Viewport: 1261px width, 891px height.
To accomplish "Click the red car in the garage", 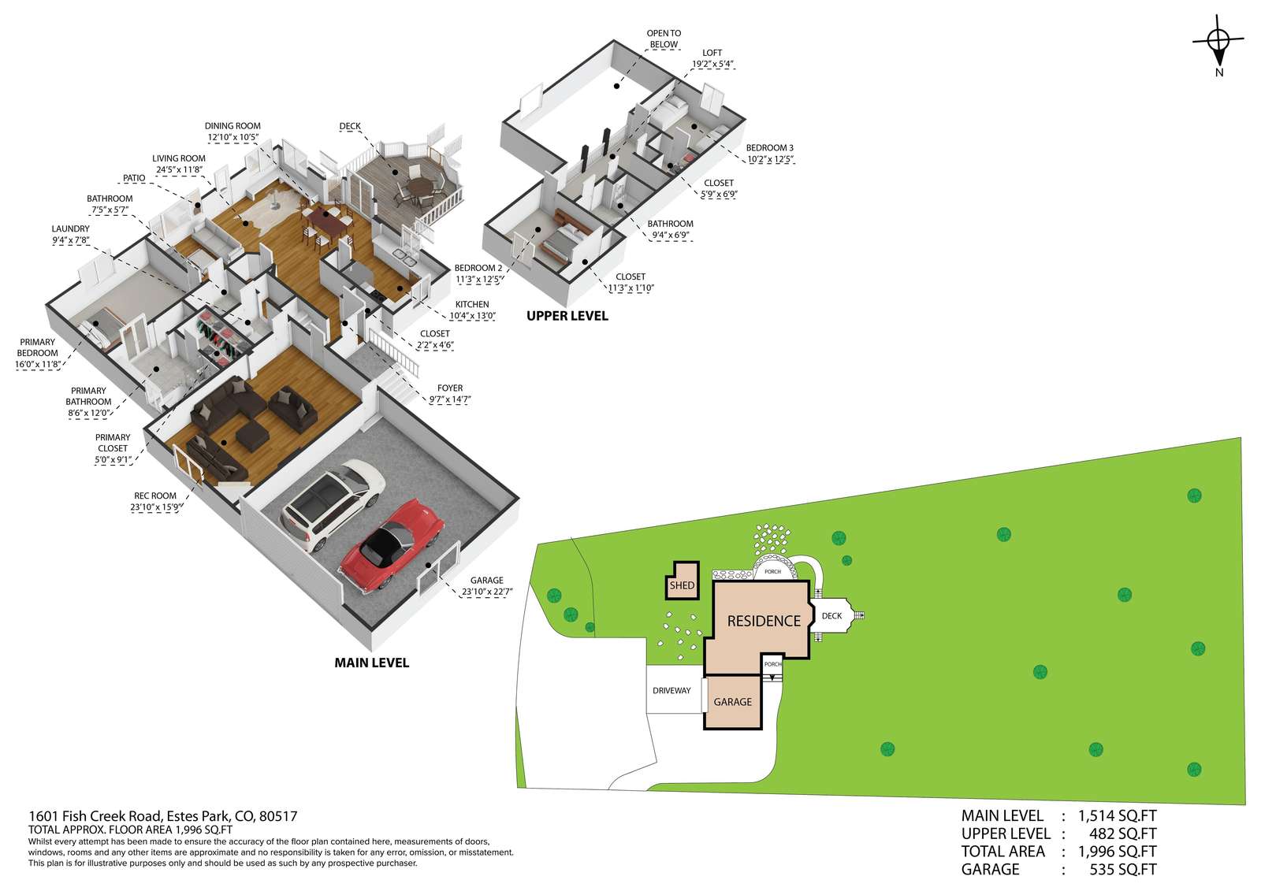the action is pyautogui.click(x=392, y=545).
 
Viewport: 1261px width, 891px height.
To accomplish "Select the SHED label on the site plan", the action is pyautogui.click(x=682, y=585).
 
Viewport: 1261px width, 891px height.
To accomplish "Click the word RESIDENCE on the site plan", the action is pyautogui.click(x=764, y=621).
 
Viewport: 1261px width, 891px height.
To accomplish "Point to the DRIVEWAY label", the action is pyautogui.click(x=671, y=691).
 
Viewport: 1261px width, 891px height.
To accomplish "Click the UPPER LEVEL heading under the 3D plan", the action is pyautogui.click(x=567, y=316).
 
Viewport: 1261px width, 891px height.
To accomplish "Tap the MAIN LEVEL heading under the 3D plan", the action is pyautogui.click(x=371, y=663).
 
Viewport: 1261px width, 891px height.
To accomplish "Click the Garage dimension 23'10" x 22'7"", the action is pyautogui.click(x=487, y=592).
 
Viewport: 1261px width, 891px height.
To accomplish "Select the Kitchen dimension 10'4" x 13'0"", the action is pyautogui.click(x=472, y=316).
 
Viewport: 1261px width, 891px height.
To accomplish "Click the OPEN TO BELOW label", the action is pyautogui.click(x=664, y=39).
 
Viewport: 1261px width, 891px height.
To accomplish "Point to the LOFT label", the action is pyautogui.click(x=712, y=53).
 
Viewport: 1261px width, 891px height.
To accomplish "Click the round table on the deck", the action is pyautogui.click(x=418, y=185).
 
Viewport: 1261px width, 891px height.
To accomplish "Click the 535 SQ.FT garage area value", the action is pyautogui.click(x=1123, y=870).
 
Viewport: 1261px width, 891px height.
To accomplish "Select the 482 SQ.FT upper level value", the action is pyautogui.click(x=1123, y=833).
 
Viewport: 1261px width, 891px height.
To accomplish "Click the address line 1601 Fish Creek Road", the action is pyautogui.click(x=162, y=816).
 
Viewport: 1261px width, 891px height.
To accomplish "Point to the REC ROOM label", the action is pyautogui.click(x=154, y=496).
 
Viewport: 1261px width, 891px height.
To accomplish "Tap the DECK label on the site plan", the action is pyautogui.click(x=831, y=616).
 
